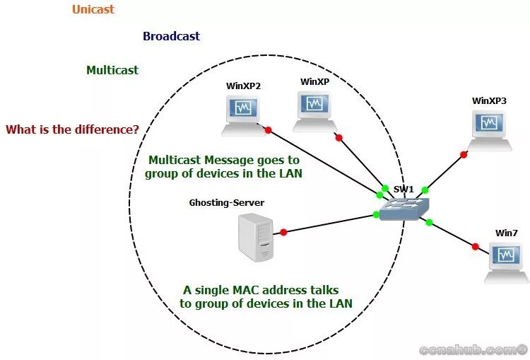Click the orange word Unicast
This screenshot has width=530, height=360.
pos(93,10)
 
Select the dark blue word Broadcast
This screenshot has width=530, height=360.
pos(171,36)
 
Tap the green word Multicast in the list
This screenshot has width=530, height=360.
pos(112,70)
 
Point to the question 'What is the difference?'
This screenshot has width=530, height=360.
pos(72,129)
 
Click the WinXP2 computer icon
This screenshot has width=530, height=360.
pos(242,113)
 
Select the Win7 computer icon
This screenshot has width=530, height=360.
pos(506,260)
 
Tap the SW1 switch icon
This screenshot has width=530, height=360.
pos(404,208)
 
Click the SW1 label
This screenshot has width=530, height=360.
pos(403,189)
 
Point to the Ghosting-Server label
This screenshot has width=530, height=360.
pos(226,203)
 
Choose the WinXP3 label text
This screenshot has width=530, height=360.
pos(489,100)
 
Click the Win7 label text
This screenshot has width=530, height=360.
pos(506,233)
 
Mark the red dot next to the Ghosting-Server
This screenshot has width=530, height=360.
pos(283,232)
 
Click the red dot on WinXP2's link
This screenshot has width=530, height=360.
pos(268,130)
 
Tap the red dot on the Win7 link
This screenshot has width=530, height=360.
pos(476,247)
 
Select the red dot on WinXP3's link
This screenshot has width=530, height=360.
pos(463,153)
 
